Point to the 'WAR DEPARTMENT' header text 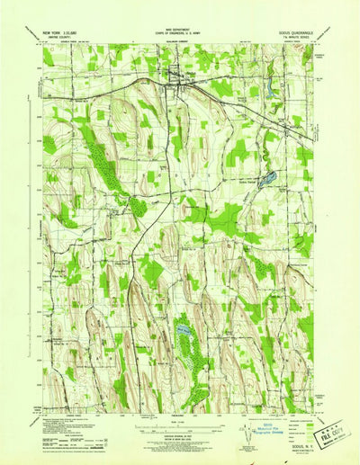pos(179,29)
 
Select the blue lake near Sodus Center pos(267,179)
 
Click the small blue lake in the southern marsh pos(184,331)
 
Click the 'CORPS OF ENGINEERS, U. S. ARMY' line pos(179,34)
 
